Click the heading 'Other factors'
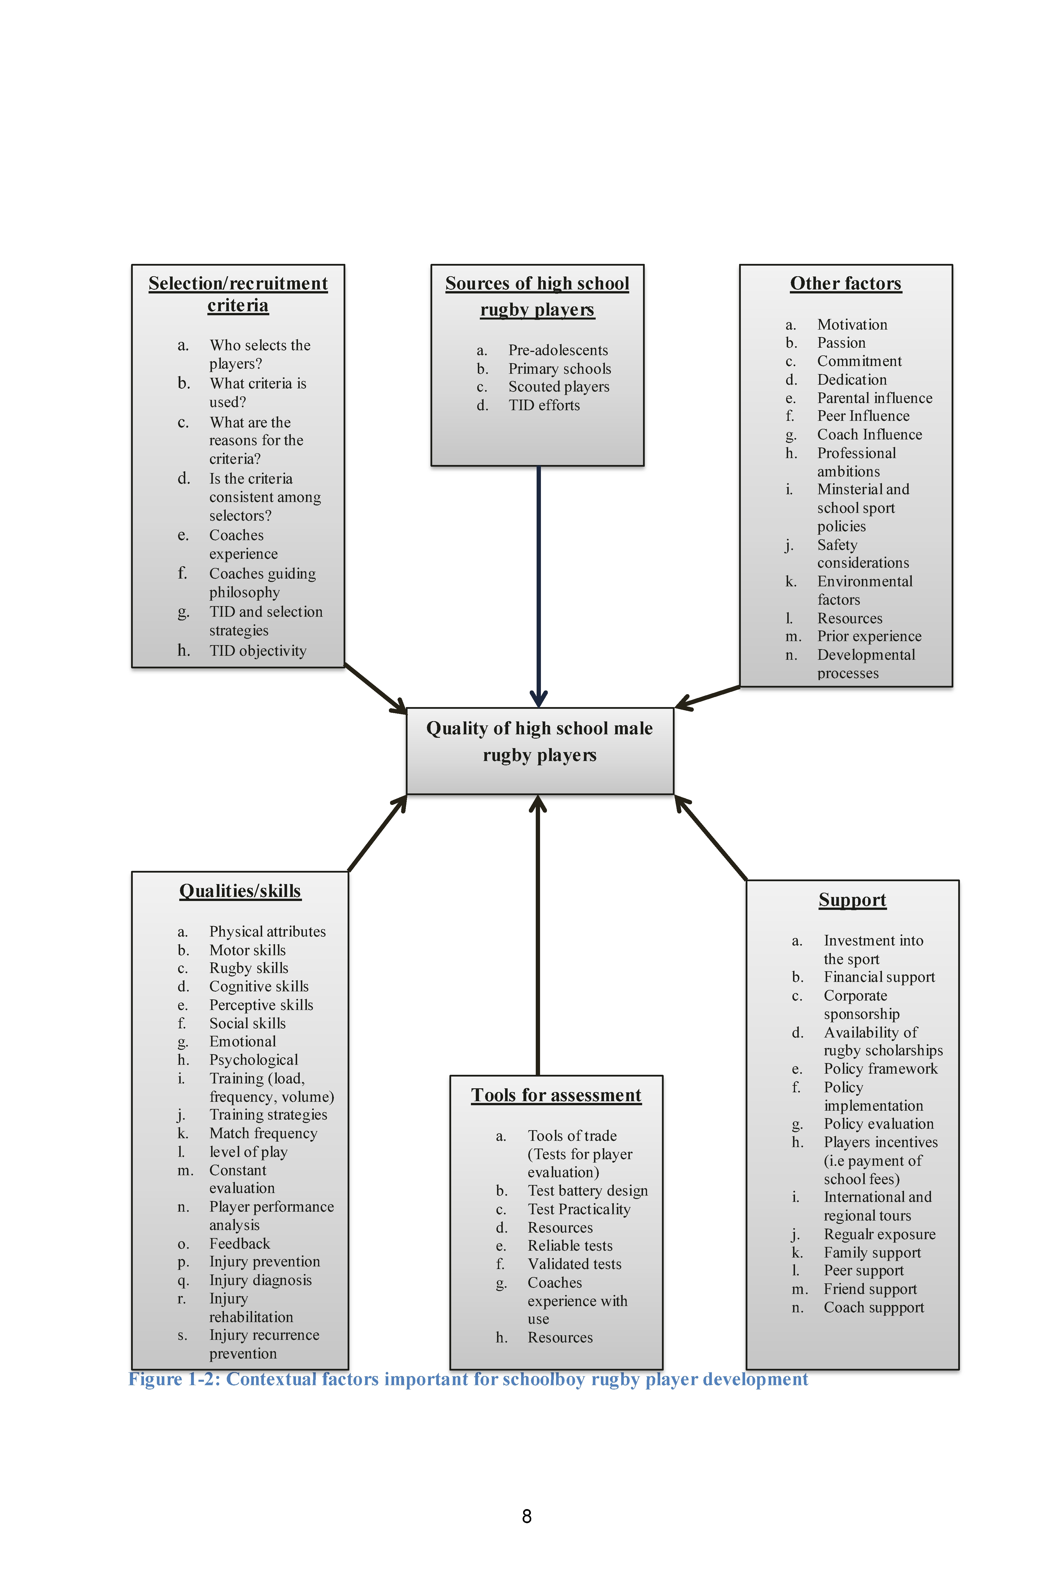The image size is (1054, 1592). (x=845, y=284)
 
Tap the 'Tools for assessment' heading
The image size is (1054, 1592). (x=556, y=1095)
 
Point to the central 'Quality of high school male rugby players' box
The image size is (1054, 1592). (x=540, y=751)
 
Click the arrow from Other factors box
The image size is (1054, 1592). (x=707, y=697)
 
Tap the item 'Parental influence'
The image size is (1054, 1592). (x=874, y=398)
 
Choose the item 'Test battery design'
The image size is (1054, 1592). (x=587, y=1191)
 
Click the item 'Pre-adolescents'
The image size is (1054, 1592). (x=558, y=350)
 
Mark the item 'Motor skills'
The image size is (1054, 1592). (x=247, y=950)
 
